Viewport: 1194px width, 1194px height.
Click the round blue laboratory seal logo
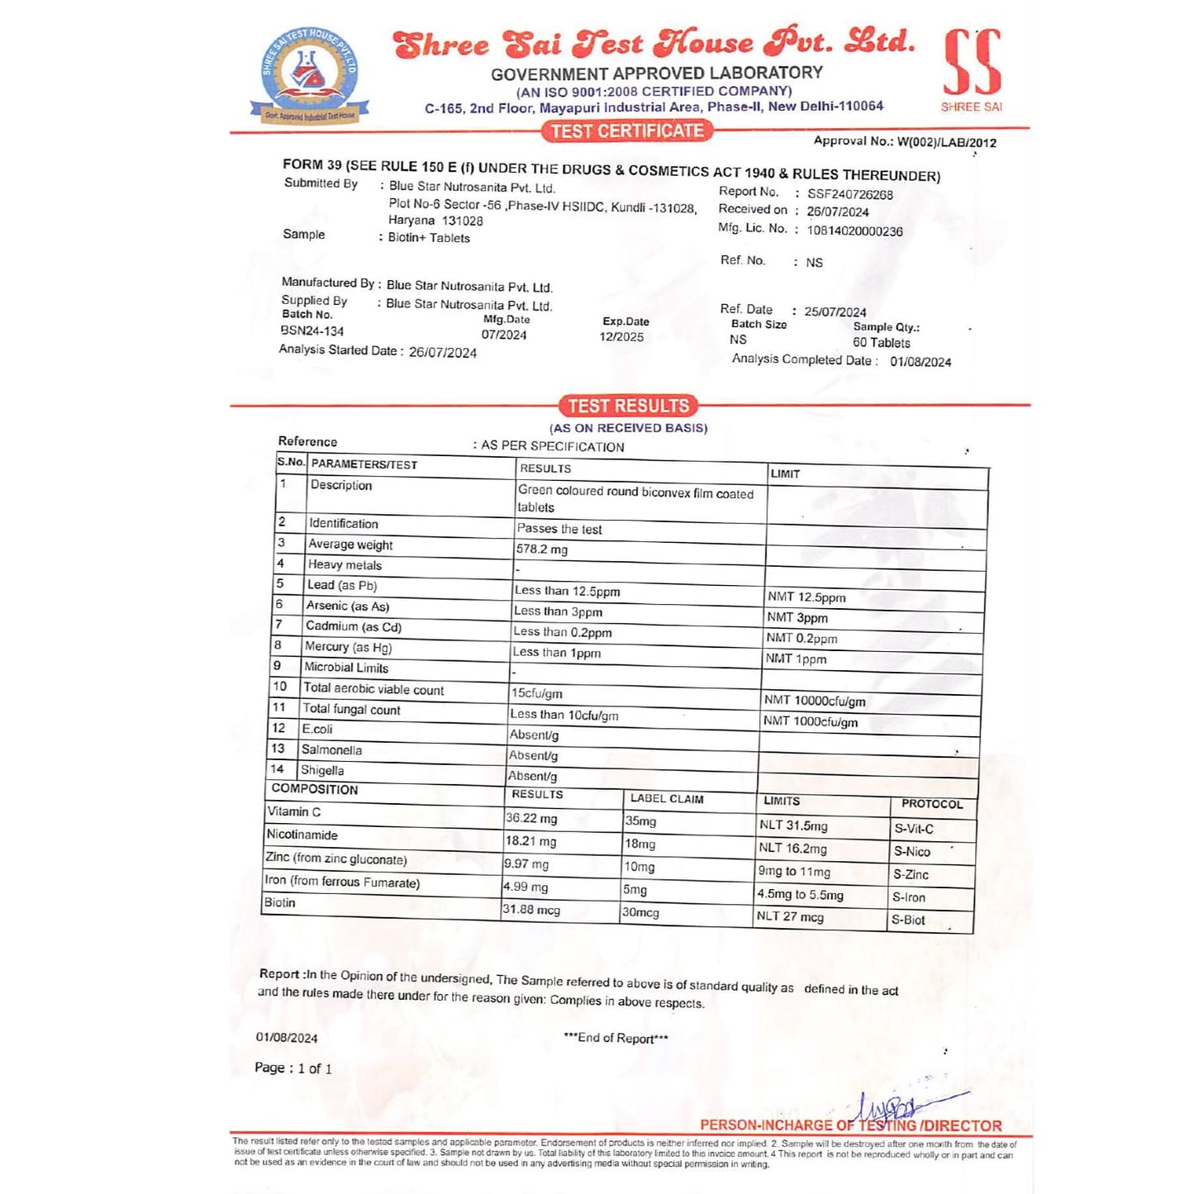click(309, 75)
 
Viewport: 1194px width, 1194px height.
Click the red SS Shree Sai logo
click(972, 66)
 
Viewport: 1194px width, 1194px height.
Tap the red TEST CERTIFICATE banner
click(627, 131)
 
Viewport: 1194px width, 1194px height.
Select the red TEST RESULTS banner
click(629, 406)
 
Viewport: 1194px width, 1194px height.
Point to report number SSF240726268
click(850, 194)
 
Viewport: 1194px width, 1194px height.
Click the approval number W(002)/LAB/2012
click(947, 142)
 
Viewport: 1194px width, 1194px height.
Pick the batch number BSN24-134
click(312, 331)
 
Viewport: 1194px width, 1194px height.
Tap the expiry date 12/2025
click(621, 336)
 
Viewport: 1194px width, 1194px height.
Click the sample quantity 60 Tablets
click(882, 342)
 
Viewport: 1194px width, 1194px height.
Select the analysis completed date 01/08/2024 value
click(920, 362)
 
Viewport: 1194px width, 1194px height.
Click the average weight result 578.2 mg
click(542, 549)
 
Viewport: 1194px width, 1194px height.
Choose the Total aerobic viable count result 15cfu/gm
click(537, 693)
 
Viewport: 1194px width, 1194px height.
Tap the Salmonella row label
click(331, 749)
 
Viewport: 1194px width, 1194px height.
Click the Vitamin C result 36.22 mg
click(531, 818)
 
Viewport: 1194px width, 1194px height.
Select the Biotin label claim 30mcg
click(641, 912)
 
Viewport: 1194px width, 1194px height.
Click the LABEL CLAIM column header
click(667, 798)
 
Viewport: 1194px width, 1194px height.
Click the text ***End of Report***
click(616, 1038)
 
